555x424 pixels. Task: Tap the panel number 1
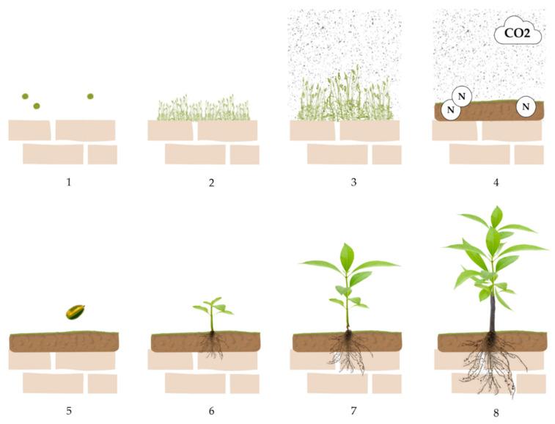[69, 183]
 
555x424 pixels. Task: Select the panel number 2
[211, 183]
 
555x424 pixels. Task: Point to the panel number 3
[353, 183]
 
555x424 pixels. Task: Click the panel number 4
[496, 183]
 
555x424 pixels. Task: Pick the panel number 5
[69, 411]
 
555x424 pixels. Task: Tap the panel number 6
[211, 411]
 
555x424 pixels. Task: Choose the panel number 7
[353, 411]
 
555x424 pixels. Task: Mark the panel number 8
[496, 413]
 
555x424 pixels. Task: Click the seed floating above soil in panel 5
[75, 312]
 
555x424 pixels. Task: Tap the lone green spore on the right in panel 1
[90, 96]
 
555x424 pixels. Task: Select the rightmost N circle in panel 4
[526, 106]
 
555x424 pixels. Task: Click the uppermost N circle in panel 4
[462, 96]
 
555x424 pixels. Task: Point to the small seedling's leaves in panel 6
[213, 307]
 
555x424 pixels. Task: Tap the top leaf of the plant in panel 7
[347, 257]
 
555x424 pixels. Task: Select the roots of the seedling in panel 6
[213, 344]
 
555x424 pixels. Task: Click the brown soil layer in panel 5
[64, 342]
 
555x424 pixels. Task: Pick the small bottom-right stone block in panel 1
[103, 155]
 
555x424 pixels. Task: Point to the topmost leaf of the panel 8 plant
[496, 216]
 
